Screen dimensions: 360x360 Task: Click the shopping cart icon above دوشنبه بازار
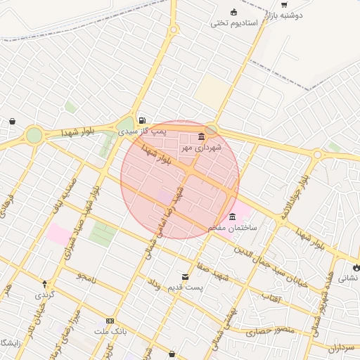[x=284, y=4]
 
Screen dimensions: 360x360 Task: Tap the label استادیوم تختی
[x=235, y=23]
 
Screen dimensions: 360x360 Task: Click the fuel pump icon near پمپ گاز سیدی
[x=142, y=120]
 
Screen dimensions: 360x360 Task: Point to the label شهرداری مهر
[x=201, y=148]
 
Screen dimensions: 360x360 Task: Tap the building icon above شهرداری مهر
[x=202, y=136]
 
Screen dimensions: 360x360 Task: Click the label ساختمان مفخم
[x=233, y=228]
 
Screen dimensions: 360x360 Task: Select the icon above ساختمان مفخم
[x=233, y=216]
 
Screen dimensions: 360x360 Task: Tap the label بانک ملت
[x=110, y=330]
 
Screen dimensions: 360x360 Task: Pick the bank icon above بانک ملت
[x=110, y=320]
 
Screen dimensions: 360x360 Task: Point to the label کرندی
[x=44, y=295]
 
